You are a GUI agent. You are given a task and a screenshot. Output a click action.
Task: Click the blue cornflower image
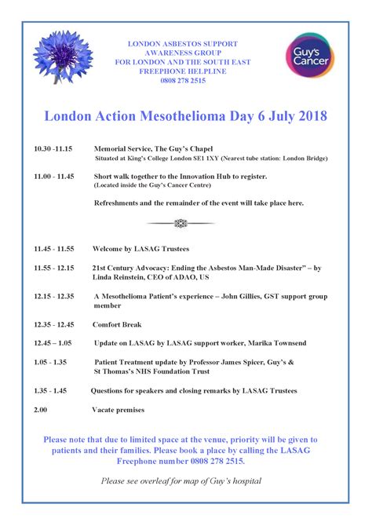[62, 57]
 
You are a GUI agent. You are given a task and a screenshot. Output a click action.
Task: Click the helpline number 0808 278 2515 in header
[182, 81]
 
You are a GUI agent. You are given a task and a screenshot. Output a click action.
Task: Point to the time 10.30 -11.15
[53, 148]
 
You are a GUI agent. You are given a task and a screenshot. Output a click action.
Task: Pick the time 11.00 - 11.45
[53, 177]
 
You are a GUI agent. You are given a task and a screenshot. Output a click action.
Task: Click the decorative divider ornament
[181, 223]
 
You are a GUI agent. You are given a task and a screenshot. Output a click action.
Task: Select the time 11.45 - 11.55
[53, 248]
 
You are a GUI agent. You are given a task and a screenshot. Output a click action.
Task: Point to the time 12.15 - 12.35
[53, 296]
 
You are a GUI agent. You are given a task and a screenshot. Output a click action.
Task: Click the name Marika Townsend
[275, 343]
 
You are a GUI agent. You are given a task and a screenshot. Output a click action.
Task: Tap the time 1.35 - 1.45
[50, 390]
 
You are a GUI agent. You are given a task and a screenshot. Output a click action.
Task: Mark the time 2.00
[41, 409]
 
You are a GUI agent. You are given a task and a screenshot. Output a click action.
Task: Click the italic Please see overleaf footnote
[181, 480]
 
